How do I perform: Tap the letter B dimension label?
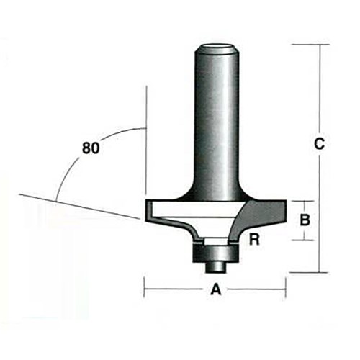pos(305,220)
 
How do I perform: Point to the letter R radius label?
pos(253,240)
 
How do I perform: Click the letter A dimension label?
pos(215,290)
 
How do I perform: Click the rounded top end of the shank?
pos(217,50)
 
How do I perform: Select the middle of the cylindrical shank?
pos(217,122)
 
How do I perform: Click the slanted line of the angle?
pos(79,207)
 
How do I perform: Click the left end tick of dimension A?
pos(145,290)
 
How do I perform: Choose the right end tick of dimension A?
pos(286,290)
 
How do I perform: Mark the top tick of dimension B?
pos(305,201)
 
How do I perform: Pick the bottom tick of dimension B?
pos(305,240)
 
